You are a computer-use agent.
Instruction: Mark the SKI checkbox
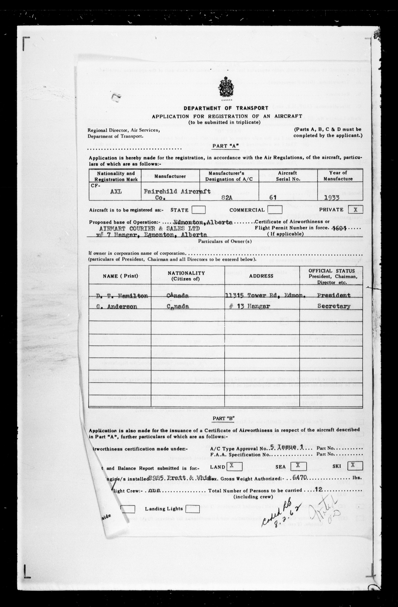pyautogui.click(x=353, y=465)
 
